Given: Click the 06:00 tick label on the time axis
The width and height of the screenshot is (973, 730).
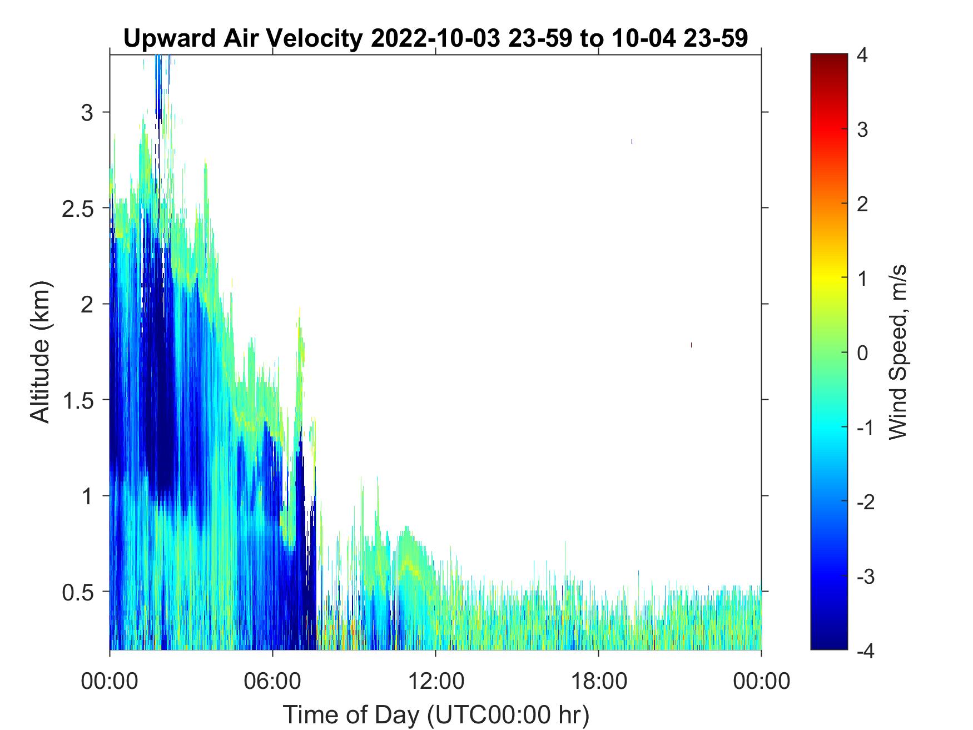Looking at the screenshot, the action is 272,681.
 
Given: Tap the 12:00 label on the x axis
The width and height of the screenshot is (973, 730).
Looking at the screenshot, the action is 435,681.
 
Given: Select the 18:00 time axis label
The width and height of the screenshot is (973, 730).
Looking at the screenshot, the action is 598,681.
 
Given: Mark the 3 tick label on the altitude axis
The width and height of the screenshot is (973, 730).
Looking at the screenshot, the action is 87,112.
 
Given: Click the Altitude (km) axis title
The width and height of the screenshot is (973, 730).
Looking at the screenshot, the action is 40,351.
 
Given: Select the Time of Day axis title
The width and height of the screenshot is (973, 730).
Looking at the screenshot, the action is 436,715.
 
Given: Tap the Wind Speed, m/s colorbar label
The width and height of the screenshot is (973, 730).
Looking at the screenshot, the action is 897,352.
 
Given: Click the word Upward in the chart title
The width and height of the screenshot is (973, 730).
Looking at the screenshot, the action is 169,39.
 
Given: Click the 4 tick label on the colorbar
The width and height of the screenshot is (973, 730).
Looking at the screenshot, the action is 862,56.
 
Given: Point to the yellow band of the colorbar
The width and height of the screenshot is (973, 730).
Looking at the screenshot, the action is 829,278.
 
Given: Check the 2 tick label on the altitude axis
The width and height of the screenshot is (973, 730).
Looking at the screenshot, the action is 87,304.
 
